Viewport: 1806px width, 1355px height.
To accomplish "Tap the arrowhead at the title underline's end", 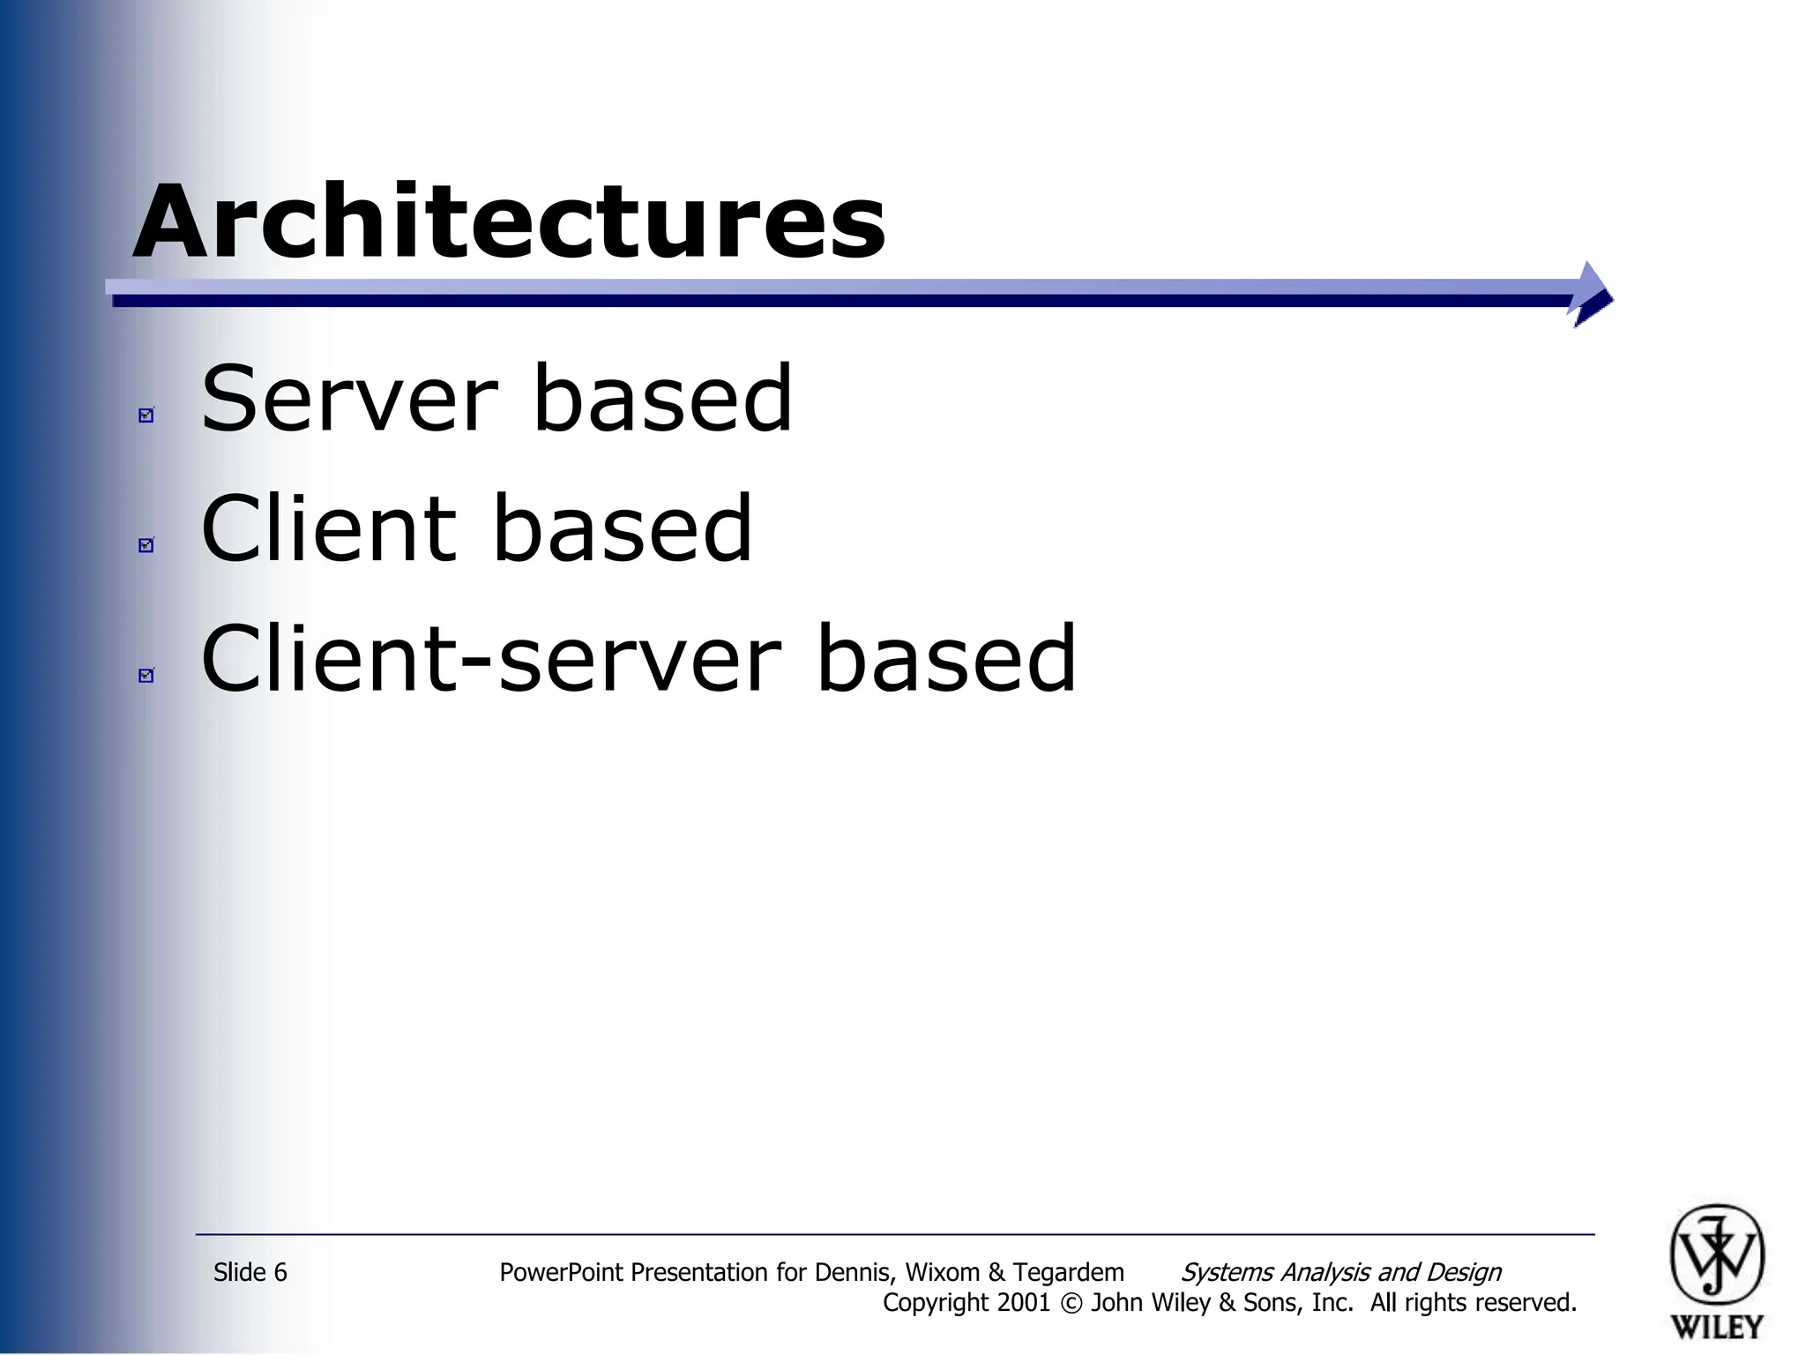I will coord(1592,295).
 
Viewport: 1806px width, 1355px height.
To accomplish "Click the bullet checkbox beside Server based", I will coord(146,415).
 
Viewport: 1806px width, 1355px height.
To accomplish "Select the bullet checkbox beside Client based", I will coord(146,544).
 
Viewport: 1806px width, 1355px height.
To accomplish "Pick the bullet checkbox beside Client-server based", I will coord(146,675).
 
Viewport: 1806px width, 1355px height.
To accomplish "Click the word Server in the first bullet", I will coord(350,400).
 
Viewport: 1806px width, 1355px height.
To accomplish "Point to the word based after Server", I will coord(663,400).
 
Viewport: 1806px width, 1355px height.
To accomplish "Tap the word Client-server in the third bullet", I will coord(491,659).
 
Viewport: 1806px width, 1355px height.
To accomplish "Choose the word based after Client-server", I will coord(946,659).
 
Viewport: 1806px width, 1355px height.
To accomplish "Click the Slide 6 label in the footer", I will coord(250,1272).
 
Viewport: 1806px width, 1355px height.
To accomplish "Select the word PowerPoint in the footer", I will coord(562,1272).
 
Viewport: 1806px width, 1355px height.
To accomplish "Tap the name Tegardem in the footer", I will coord(1068,1272).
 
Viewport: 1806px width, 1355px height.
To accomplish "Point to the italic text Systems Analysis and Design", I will coord(1340,1272).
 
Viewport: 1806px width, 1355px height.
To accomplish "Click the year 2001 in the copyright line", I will coord(1024,1303).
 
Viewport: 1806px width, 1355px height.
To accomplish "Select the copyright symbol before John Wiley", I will coord(1071,1304).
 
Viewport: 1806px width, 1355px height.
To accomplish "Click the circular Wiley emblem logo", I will coord(1717,1255).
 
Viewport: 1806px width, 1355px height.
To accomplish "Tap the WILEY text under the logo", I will coord(1717,1327).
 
